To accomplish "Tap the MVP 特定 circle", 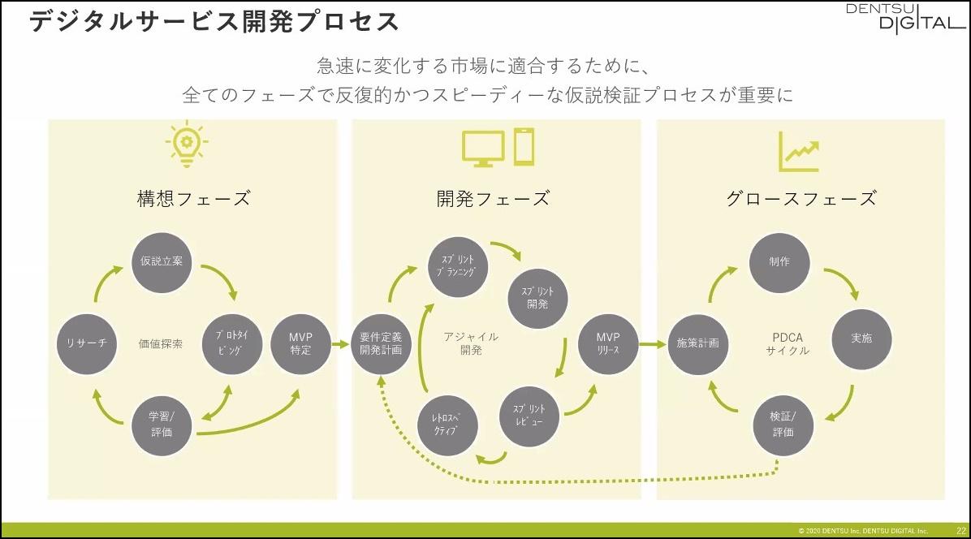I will point(300,343).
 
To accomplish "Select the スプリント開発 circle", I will point(537,296).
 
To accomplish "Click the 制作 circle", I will point(779,262).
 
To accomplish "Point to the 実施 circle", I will point(861,338).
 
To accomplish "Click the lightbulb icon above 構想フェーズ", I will point(187,147).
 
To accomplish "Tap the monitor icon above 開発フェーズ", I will point(482,149).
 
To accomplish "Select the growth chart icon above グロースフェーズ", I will point(798,151).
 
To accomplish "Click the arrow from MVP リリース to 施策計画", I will point(652,344).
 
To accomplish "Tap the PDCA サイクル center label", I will point(787,343).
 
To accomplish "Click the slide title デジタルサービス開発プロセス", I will point(214,21).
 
